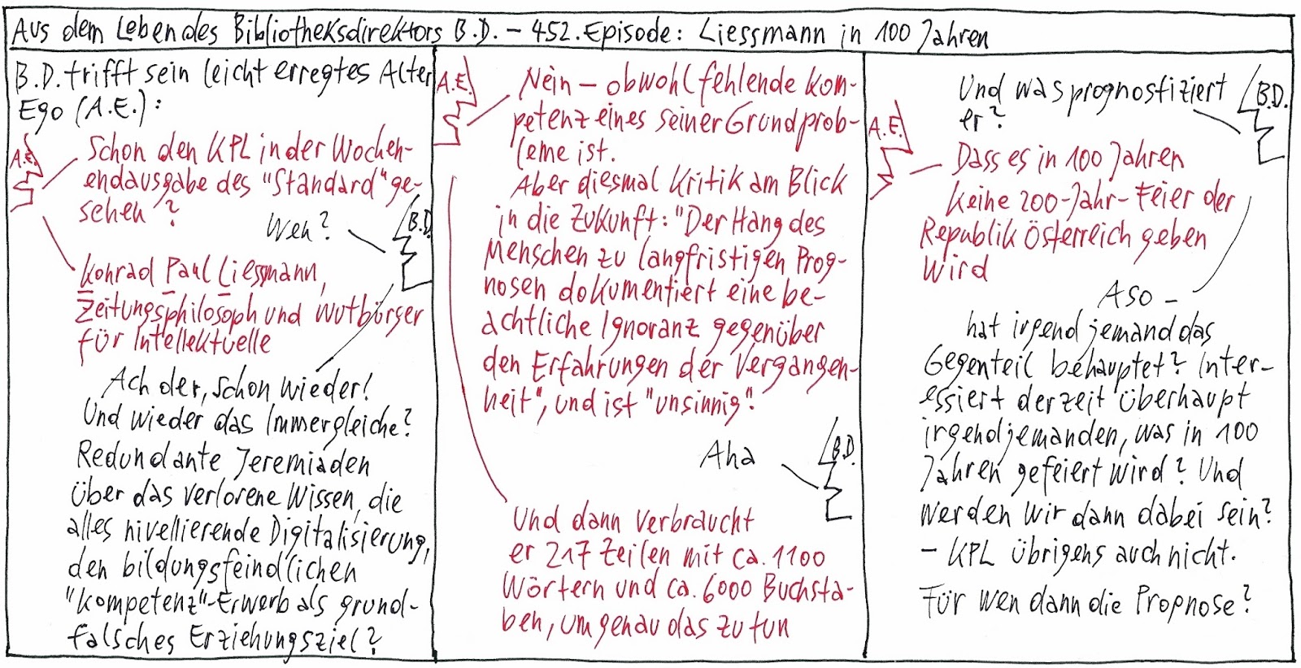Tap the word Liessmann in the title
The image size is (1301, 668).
[765, 33]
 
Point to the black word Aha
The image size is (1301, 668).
[727, 457]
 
